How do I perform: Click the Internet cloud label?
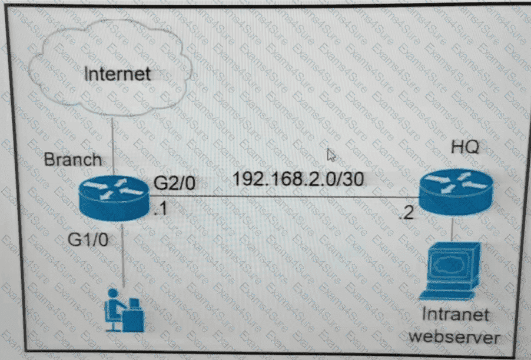pos(117,74)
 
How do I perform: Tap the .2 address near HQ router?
pos(406,214)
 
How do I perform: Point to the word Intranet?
pos(455,315)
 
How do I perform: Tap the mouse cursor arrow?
pos(332,155)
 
